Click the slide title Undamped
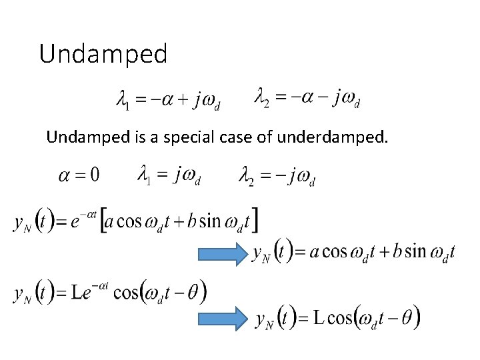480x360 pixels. [103, 54]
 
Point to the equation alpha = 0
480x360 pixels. [79, 175]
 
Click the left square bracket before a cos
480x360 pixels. [103, 221]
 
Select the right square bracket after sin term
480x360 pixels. [255, 219]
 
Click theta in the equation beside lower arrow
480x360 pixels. [406, 318]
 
